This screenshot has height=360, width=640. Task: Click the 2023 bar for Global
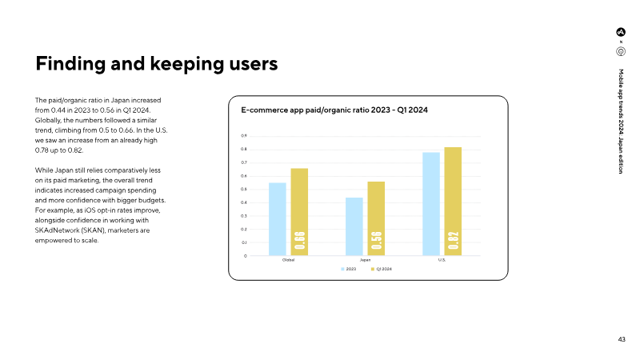[x=277, y=219]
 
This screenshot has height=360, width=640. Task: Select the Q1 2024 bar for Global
[x=299, y=212]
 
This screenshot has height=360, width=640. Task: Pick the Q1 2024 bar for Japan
[x=376, y=218]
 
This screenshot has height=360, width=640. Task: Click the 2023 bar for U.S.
[x=430, y=204]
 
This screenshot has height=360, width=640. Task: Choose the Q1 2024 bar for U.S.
[x=453, y=202]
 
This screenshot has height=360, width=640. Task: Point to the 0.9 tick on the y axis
[x=244, y=136]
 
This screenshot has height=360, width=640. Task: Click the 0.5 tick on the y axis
[x=244, y=190]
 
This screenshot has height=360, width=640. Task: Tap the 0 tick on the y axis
[x=245, y=256]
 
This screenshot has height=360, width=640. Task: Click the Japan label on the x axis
[x=365, y=261]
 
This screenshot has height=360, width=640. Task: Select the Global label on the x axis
[x=288, y=261]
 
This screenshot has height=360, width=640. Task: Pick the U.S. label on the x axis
[x=442, y=261]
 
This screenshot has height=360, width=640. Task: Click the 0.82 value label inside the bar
[x=453, y=239]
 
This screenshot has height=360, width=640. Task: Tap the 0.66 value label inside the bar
[x=299, y=239]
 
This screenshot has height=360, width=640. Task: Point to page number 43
[x=622, y=339]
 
